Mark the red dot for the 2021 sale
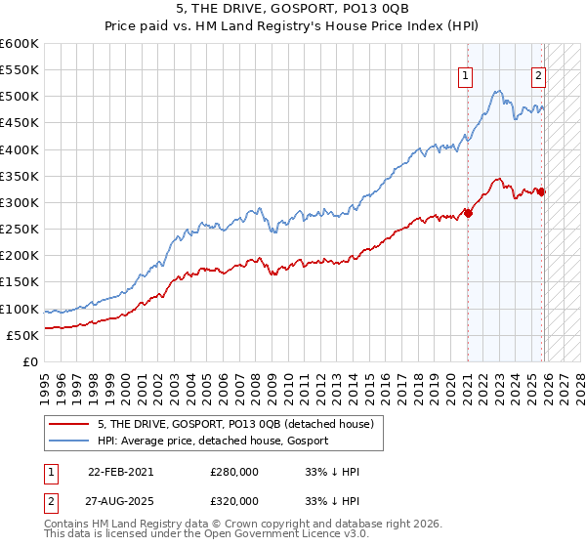[468, 213]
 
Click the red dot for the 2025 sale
[542, 191]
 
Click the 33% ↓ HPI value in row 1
[332, 472]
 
